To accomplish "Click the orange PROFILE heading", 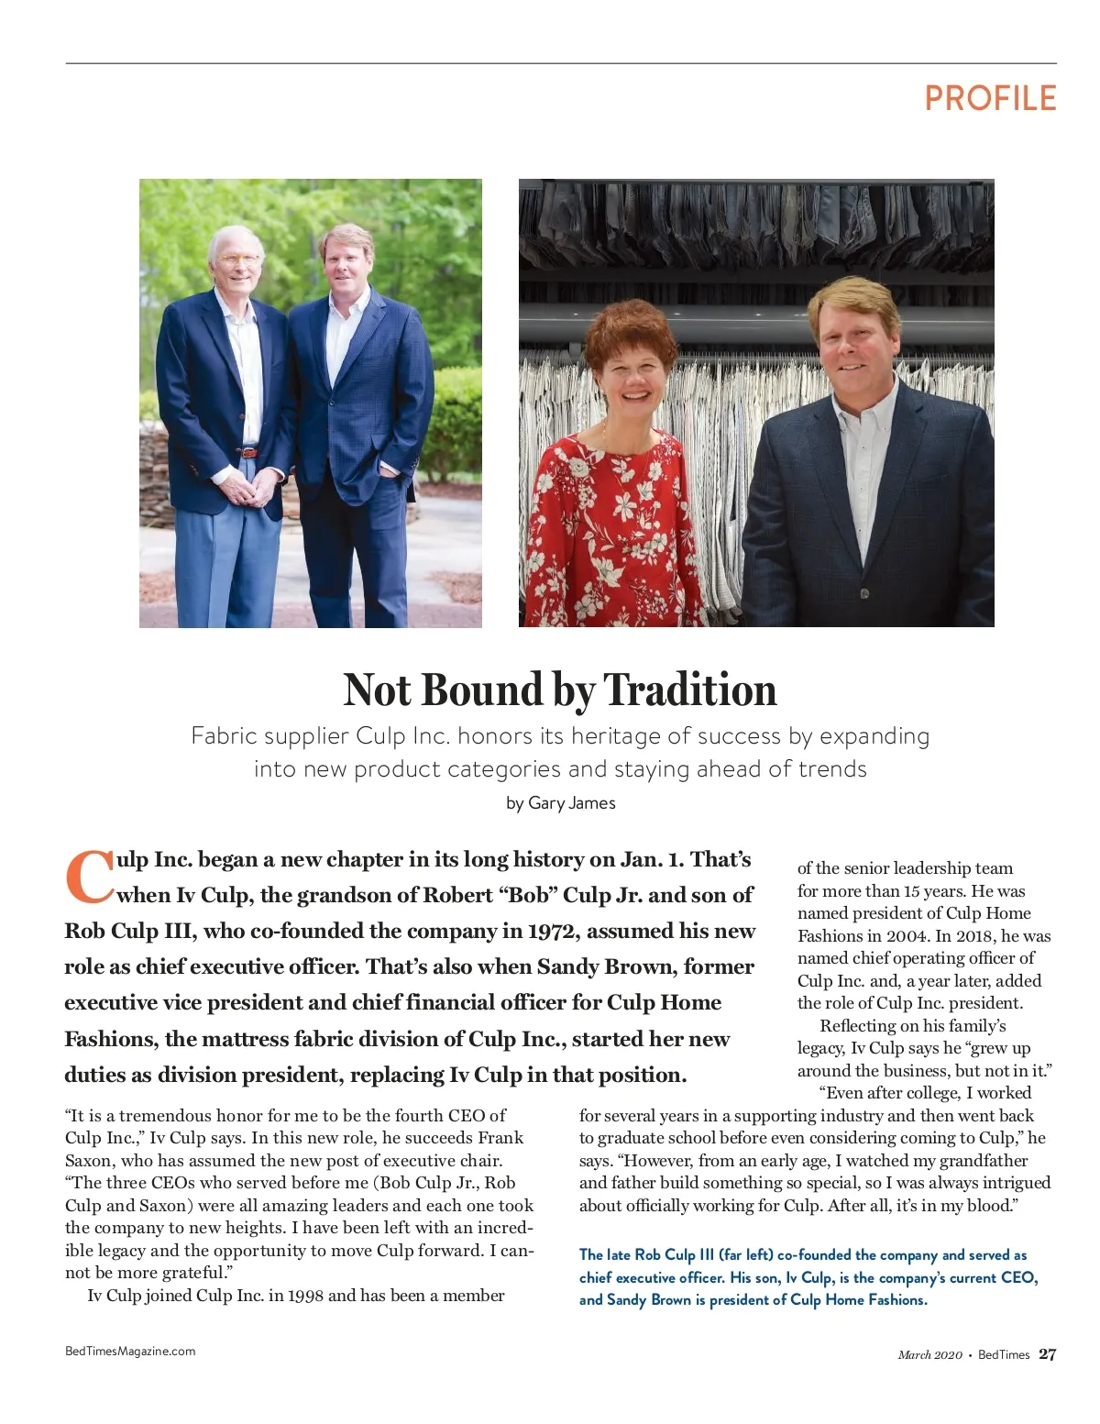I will coord(990,98).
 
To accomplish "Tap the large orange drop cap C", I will coord(89,878).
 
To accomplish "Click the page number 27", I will coord(1047,1354).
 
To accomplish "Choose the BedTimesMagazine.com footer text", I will coord(130,1351).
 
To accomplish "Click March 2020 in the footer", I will coord(929,1355).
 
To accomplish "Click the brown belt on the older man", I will coord(247,452).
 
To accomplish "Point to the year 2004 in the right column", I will coord(907,936).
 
